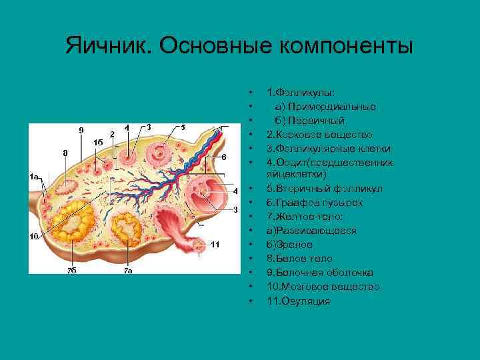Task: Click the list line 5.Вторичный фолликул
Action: coord(324,189)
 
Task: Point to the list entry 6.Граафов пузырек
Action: coord(316,203)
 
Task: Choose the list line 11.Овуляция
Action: coord(298,301)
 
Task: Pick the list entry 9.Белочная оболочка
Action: coord(319,273)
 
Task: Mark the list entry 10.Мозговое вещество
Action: coord(323,287)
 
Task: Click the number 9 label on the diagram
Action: coord(81,129)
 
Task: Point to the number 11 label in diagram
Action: coord(215,244)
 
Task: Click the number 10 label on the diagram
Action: coord(33,237)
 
